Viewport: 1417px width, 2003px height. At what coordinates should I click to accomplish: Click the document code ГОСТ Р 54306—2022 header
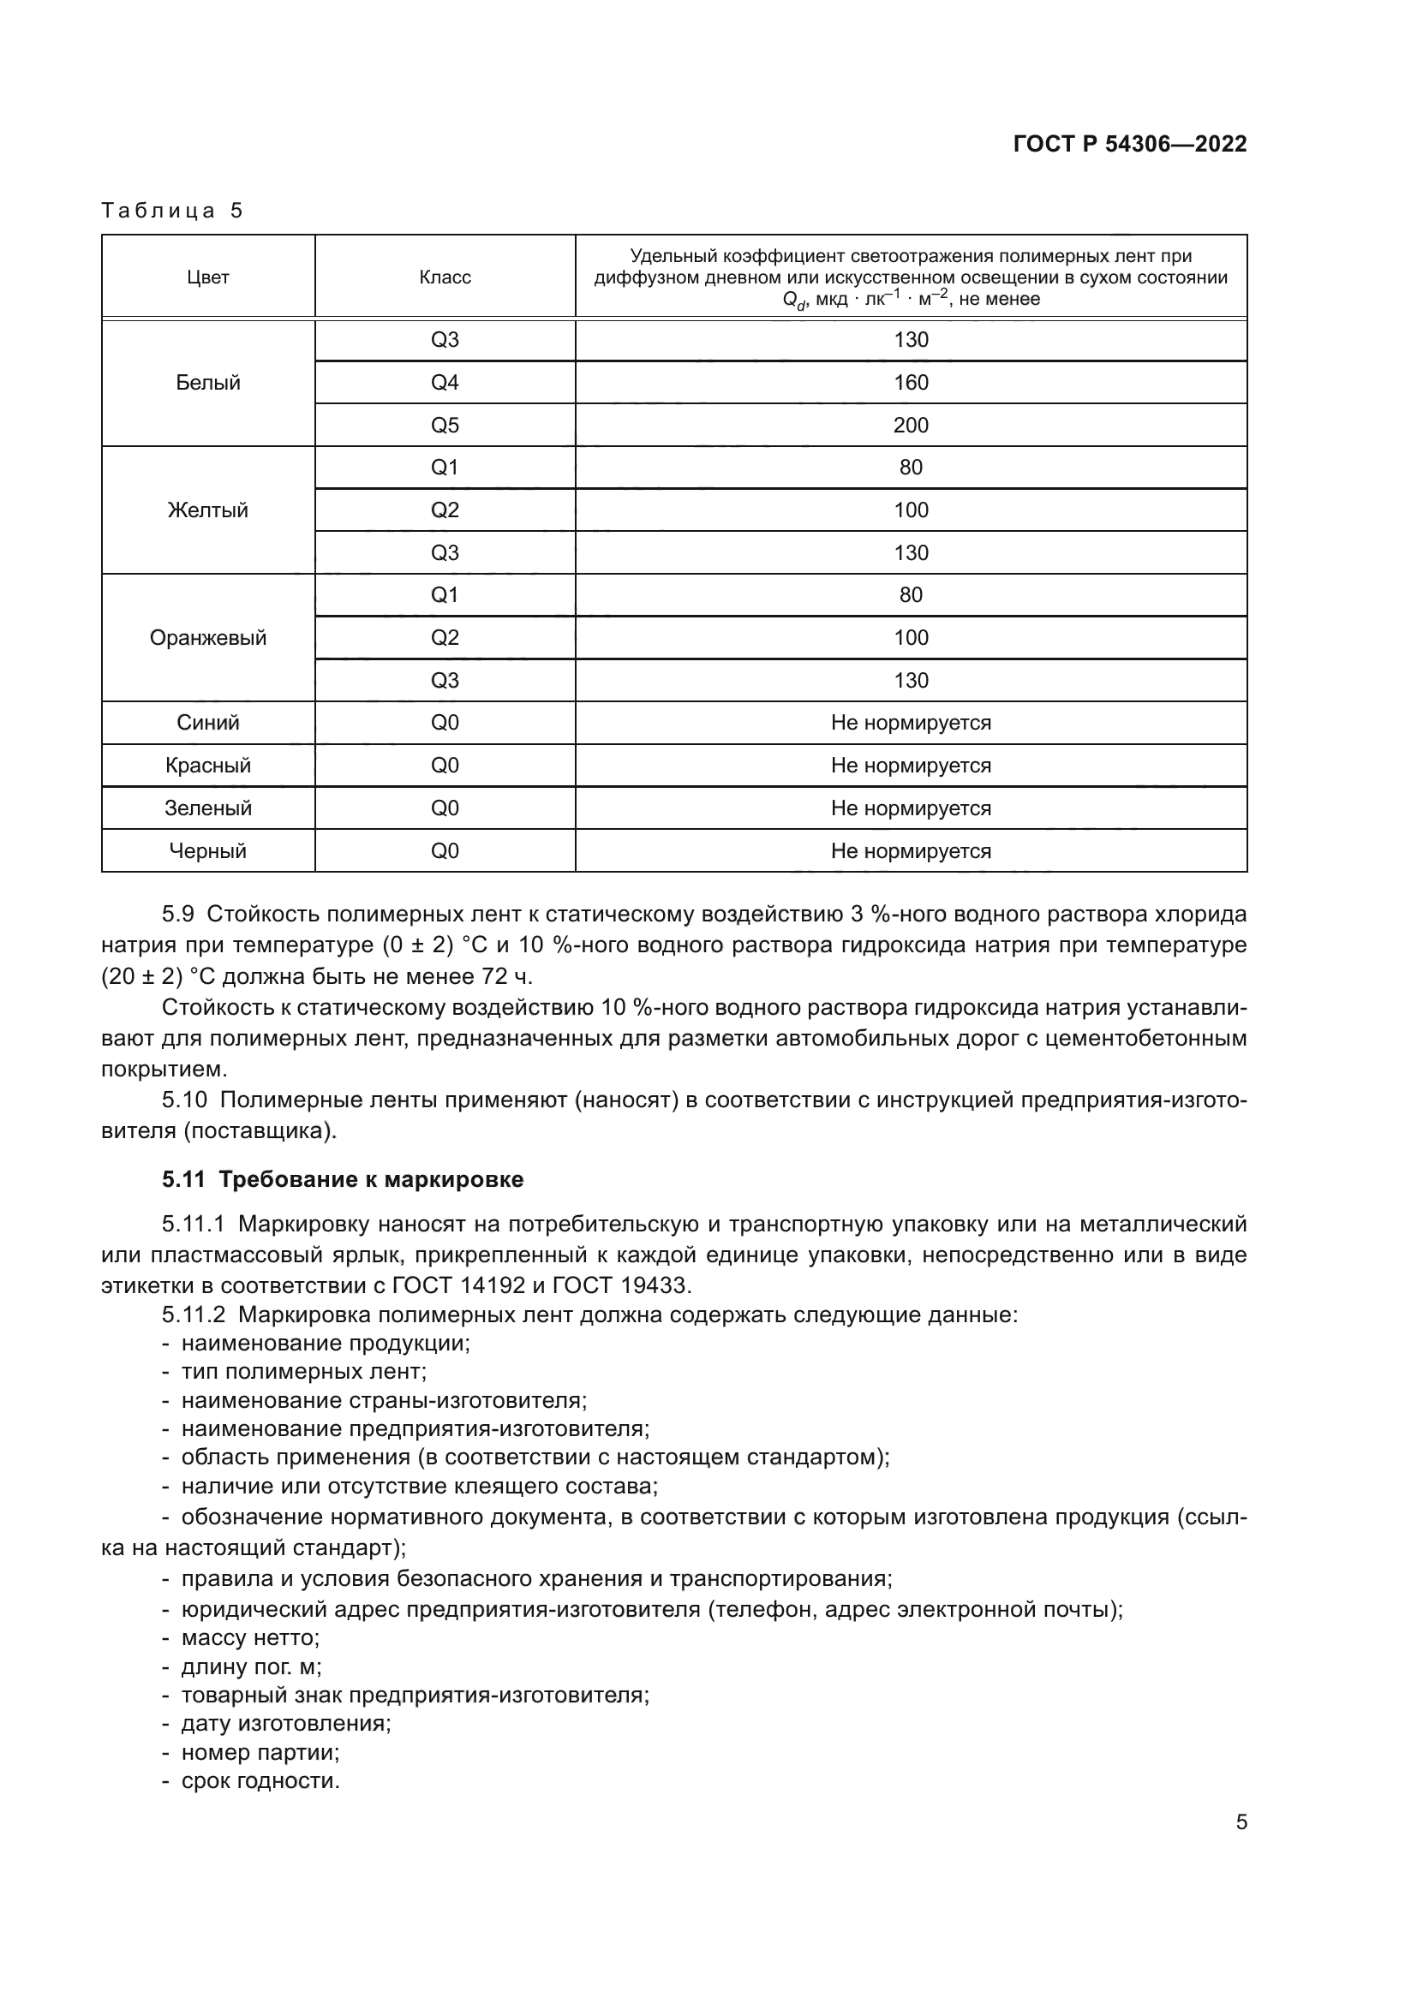(x=1129, y=144)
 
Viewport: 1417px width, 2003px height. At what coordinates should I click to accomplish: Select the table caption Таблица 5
(x=172, y=211)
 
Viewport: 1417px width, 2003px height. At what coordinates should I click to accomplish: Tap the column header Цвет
(x=207, y=277)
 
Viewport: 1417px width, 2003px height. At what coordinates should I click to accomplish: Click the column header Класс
(x=444, y=277)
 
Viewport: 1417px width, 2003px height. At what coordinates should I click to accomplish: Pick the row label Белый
(x=207, y=383)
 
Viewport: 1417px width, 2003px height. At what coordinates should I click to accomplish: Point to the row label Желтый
(x=207, y=510)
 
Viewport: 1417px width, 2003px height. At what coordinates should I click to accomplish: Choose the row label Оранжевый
(x=207, y=638)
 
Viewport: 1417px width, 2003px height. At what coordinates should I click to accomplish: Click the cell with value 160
(x=910, y=383)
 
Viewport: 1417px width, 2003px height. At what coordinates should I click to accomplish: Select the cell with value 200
(x=910, y=426)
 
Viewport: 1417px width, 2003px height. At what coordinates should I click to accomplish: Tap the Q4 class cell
(x=444, y=383)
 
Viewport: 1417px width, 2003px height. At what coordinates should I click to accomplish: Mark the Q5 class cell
(x=444, y=426)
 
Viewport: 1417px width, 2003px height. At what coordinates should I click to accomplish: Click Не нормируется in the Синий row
(x=910, y=724)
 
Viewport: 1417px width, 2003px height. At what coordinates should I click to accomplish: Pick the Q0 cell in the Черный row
(x=444, y=851)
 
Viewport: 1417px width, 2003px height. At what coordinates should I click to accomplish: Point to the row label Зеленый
(x=207, y=808)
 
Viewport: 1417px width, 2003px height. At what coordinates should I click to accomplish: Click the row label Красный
(x=207, y=766)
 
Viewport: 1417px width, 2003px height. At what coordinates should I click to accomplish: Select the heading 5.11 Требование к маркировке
(x=342, y=1179)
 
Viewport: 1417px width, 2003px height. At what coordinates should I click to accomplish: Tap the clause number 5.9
(x=178, y=915)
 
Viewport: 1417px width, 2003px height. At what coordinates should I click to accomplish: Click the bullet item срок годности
(x=259, y=1780)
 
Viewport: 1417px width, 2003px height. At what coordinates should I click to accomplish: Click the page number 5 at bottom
(x=1241, y=1821)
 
